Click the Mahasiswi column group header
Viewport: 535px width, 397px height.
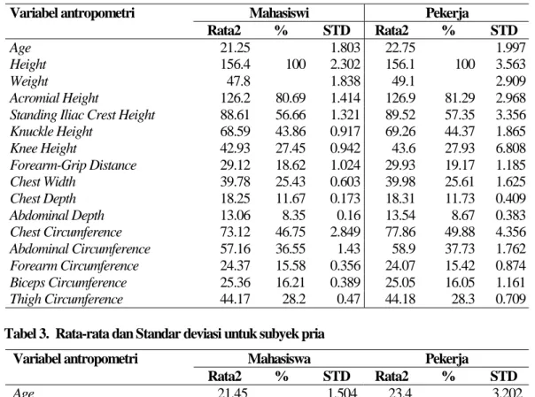(x=279, y=13)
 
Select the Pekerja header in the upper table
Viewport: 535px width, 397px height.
(x=446, y=13)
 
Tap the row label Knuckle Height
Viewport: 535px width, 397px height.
(x=51, y=132)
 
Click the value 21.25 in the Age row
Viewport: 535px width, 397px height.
(x=235, y=48)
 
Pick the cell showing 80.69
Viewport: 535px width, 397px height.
(x=291, y=98)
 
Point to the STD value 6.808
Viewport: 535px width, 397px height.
(x=510, y=149)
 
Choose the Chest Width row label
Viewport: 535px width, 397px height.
(x=43, y=182)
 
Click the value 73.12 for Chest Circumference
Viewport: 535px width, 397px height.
(x=235, y=233)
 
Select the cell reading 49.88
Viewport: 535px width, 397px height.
(x=459, y=233)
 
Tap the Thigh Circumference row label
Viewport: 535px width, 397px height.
(x=66, y=299)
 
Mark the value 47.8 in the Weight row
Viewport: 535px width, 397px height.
(x=238, y=81)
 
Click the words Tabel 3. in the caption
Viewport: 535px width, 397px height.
(x=27, y=334)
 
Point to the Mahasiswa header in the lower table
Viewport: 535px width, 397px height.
(x=279, y=359)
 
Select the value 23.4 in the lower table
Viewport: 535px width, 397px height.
(x=399, y=393)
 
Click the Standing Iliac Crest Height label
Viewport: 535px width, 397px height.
(x=82, y=115)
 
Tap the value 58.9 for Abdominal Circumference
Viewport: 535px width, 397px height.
(x=403, y=248)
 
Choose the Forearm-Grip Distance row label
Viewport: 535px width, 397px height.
(x=73, y=165)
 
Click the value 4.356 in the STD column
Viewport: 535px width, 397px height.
(x=510, y=233)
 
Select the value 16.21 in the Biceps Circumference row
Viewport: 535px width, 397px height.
(x=291, y=283)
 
